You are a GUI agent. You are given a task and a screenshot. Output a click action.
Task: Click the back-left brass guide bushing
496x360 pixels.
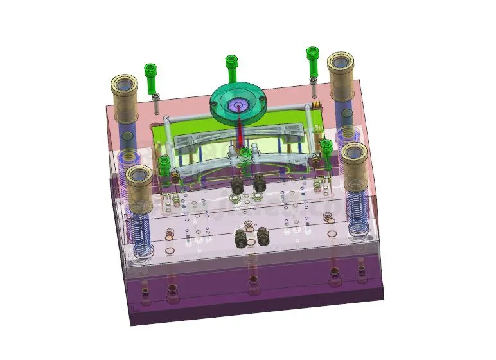click(x=125, y=96)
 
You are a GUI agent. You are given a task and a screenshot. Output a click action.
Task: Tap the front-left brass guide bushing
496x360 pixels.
click(x=139, y=184)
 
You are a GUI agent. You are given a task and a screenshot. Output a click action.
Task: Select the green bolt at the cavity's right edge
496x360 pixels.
click(x=326, y=147)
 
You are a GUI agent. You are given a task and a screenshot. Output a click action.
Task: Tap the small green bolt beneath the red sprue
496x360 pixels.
click(x=245, y=154)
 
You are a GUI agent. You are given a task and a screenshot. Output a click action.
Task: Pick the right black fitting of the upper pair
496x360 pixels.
click(x=260, y=183)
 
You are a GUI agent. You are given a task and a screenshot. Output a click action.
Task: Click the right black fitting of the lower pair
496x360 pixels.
click(x=263, y=236)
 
